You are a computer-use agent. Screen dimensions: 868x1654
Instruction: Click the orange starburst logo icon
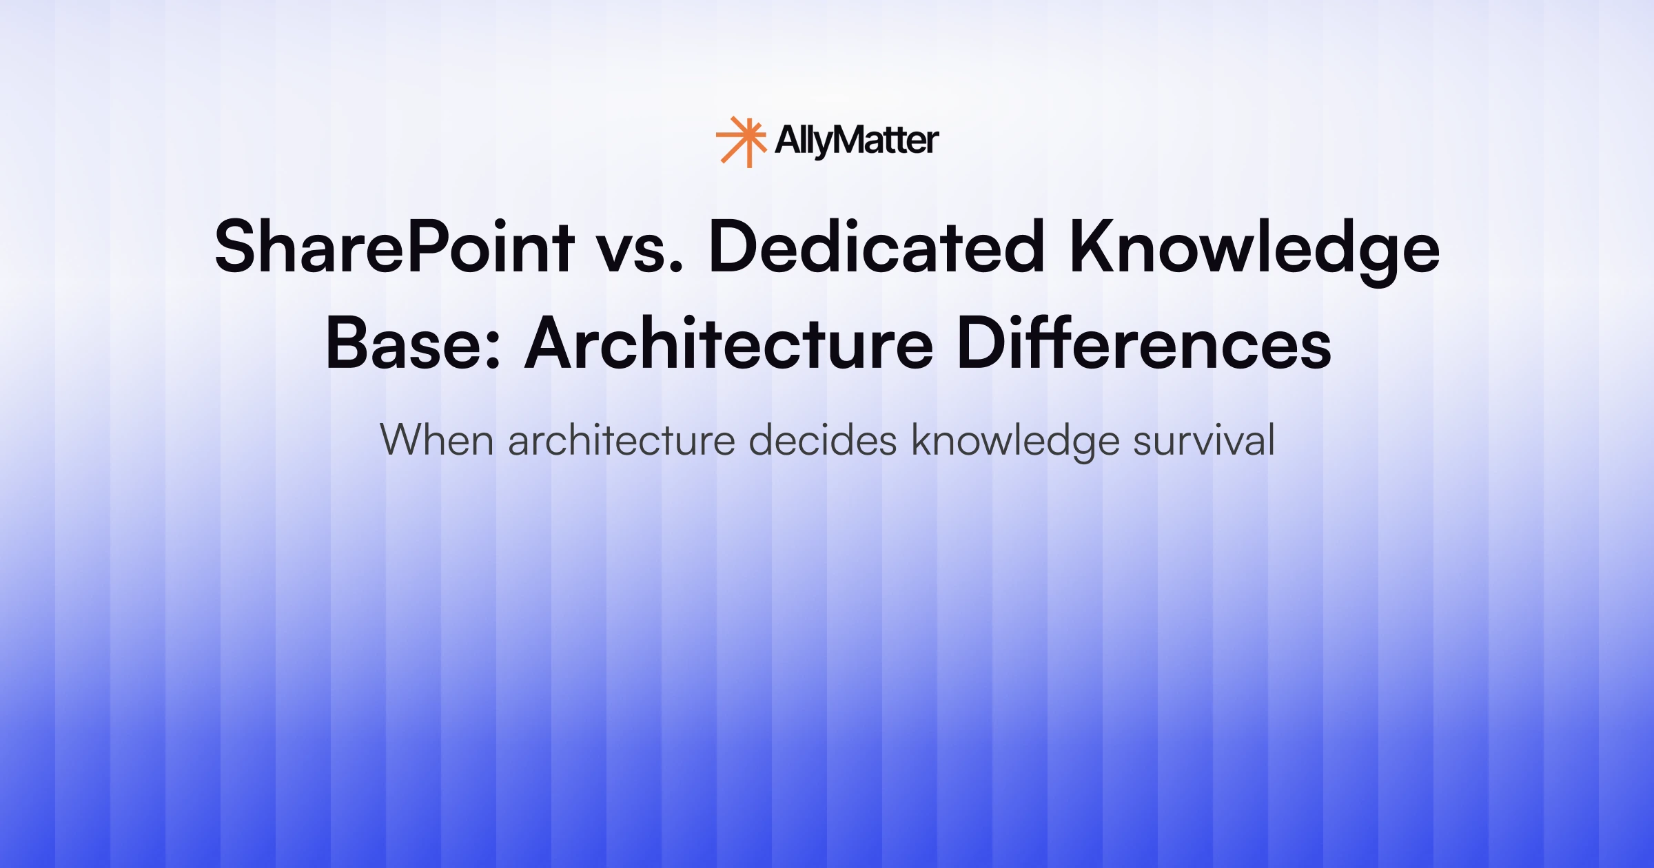click(x=741, y=141)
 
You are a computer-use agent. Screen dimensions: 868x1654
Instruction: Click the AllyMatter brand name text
click(x=857, y=141)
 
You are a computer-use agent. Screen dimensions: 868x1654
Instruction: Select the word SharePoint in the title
click(x=394, y=247)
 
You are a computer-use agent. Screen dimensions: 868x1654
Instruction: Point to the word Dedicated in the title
click(x=876, y=247)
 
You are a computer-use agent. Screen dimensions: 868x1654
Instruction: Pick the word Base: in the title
click(x=412, y=343)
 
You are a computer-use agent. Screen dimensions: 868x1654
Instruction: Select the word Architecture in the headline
click(x=729, y=343)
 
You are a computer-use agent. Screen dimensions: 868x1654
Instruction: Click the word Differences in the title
click(x=1144, y=343)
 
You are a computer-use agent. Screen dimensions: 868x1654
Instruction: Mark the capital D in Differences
click(x=980, y=343)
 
